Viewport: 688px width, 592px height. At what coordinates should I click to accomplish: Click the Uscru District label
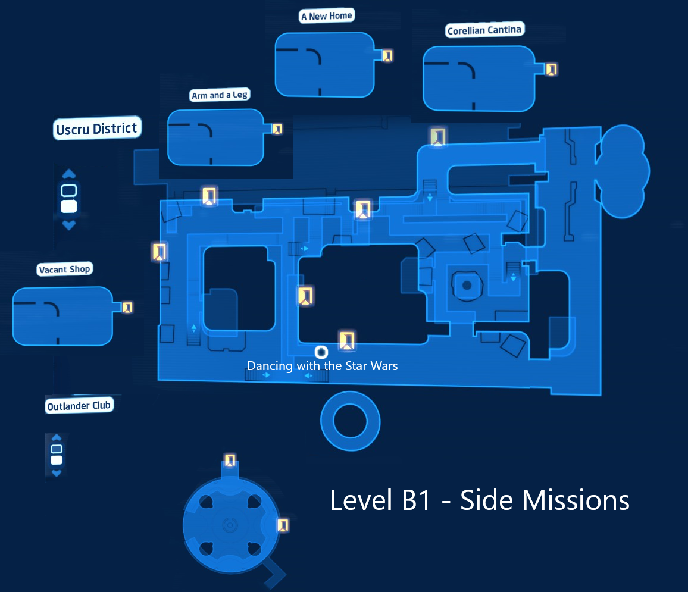point(97,129)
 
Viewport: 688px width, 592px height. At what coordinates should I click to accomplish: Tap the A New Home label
point(327,16)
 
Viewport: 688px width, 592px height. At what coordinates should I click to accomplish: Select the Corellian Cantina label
point(484,30)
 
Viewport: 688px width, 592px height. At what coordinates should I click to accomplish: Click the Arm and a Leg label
point(220,95)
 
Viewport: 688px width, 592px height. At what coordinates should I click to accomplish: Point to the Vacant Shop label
point(64,269)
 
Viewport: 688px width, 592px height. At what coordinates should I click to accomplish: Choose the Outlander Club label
point(79,406)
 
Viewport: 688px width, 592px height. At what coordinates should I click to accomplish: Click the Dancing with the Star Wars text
point(323,366)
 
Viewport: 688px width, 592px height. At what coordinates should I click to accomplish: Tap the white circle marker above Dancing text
point(321,352)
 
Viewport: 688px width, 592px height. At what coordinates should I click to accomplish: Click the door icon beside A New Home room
point(387,56)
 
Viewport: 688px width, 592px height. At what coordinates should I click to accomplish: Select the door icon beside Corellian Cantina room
point(551,69)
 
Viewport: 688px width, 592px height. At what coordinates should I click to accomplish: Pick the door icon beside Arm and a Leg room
point(277,129)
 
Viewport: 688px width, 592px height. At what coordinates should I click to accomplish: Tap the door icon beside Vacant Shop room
point(127,308)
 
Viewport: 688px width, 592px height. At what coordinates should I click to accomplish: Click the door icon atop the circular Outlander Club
point(230,461)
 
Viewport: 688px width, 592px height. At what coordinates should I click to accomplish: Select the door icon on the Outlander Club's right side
point(283,525)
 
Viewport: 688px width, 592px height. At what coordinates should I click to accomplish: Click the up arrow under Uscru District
point(69,174)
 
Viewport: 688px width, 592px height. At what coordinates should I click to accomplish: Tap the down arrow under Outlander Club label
point(57,473)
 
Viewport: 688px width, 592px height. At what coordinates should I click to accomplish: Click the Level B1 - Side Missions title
point(480,500)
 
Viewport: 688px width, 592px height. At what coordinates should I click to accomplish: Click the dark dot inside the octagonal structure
point(467,286)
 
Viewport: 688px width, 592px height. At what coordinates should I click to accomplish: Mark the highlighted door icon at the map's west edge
point(160,252)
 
